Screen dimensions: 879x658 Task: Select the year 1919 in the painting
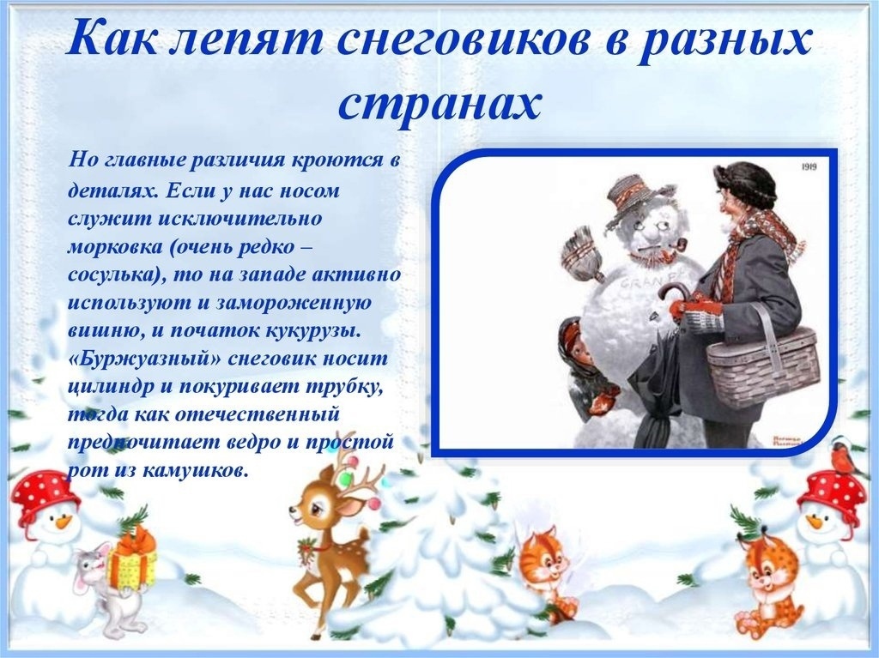coord(808,166)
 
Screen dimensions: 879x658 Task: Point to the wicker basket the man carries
coord(763,359)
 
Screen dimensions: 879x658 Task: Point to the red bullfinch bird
coord(846,456)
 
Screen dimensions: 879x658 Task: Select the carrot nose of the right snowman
coord(815,522)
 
